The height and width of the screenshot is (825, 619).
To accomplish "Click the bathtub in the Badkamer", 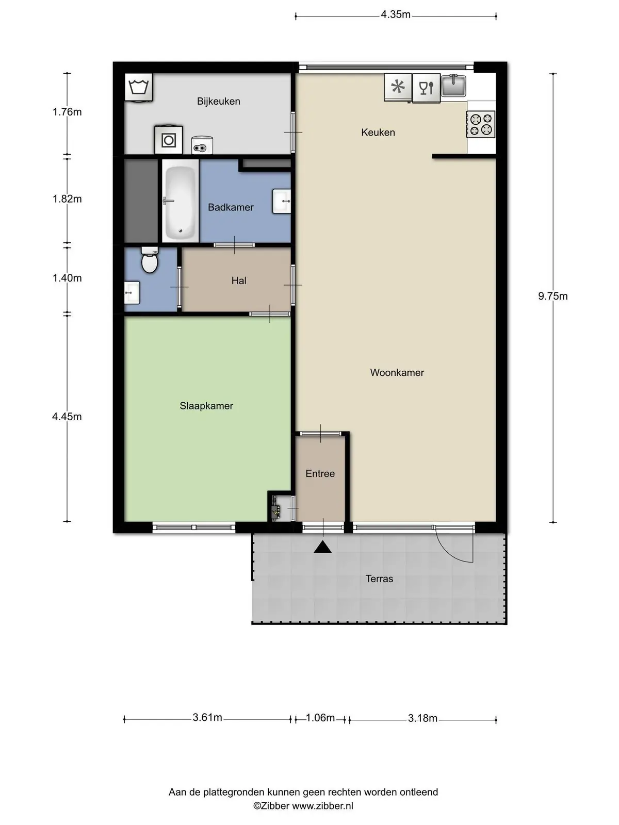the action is coord(181,201).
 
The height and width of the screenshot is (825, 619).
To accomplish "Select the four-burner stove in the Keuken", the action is coord(481,124).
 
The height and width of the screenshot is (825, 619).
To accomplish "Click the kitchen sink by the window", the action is coord(453,86).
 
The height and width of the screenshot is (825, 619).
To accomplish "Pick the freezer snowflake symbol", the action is coord(398,87).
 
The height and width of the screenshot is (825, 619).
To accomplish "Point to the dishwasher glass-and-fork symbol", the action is coord(426,88).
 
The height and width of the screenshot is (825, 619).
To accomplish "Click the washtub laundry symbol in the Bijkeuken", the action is coord(139,87).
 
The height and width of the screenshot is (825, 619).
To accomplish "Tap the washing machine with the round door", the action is coord(168,140).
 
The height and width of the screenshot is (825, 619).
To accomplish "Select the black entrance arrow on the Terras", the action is coord(322,547).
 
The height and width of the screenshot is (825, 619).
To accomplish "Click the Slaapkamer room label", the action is coord(206,406).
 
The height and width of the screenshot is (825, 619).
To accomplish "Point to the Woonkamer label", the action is coord(397,372).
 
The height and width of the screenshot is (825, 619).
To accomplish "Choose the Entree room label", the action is coord(320,473).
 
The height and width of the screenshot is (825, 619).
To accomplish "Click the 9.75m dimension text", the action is coord(552,296).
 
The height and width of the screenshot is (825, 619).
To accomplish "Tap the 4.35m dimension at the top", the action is coord(395,14).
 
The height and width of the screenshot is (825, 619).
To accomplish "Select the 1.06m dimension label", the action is coord(320,718).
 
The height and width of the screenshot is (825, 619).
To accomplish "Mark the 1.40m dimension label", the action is coord(67,278).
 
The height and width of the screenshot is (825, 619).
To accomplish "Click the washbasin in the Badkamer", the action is coord(282,202).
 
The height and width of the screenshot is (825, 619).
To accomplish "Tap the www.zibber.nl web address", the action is coord(322,806).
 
